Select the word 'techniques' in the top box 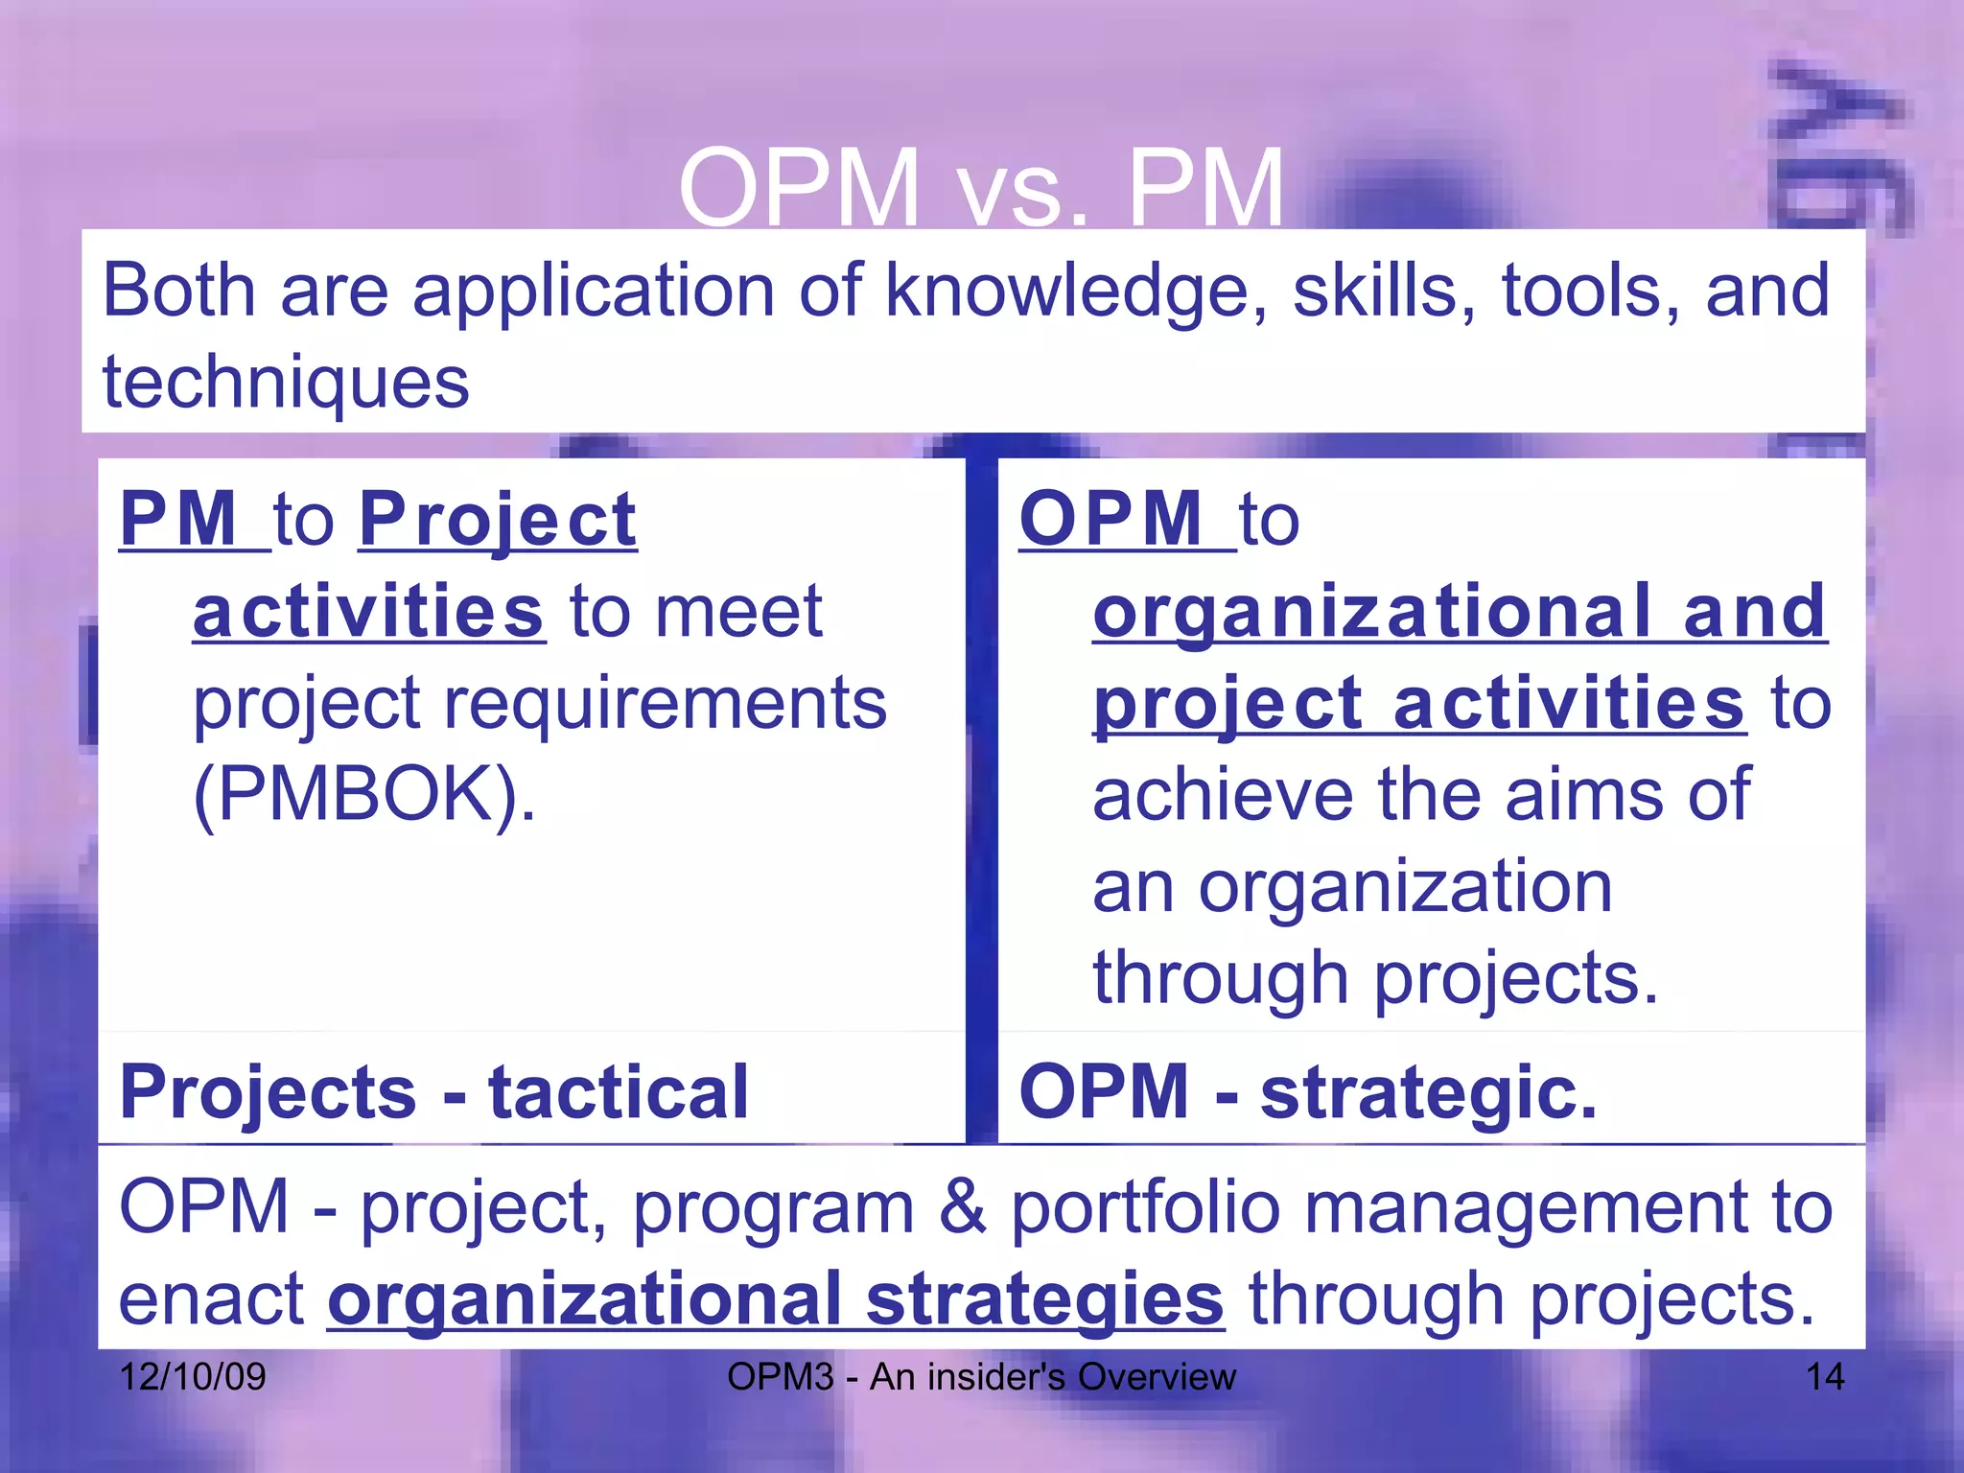pyautogui.click(x=286, y=383)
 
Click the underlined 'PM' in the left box pyautogui.click(x=180, y=520)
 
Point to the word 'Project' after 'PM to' pyautogui.click(x=498, y=520)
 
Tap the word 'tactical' pyautogui.click(x=619, y=1092)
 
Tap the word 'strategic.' pyautogui.click(x=1429, y=1092)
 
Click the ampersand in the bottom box pyautogui.click(x=963, y=1206)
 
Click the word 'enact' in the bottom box pyautogui.click(x=211, y=1300)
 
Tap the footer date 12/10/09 pyautogui.click(x=193, y=1377)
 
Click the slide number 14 pyautogui.click(x=1825, y=1377)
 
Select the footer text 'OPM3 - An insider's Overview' pyautogui.click(x=981, y=1377)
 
